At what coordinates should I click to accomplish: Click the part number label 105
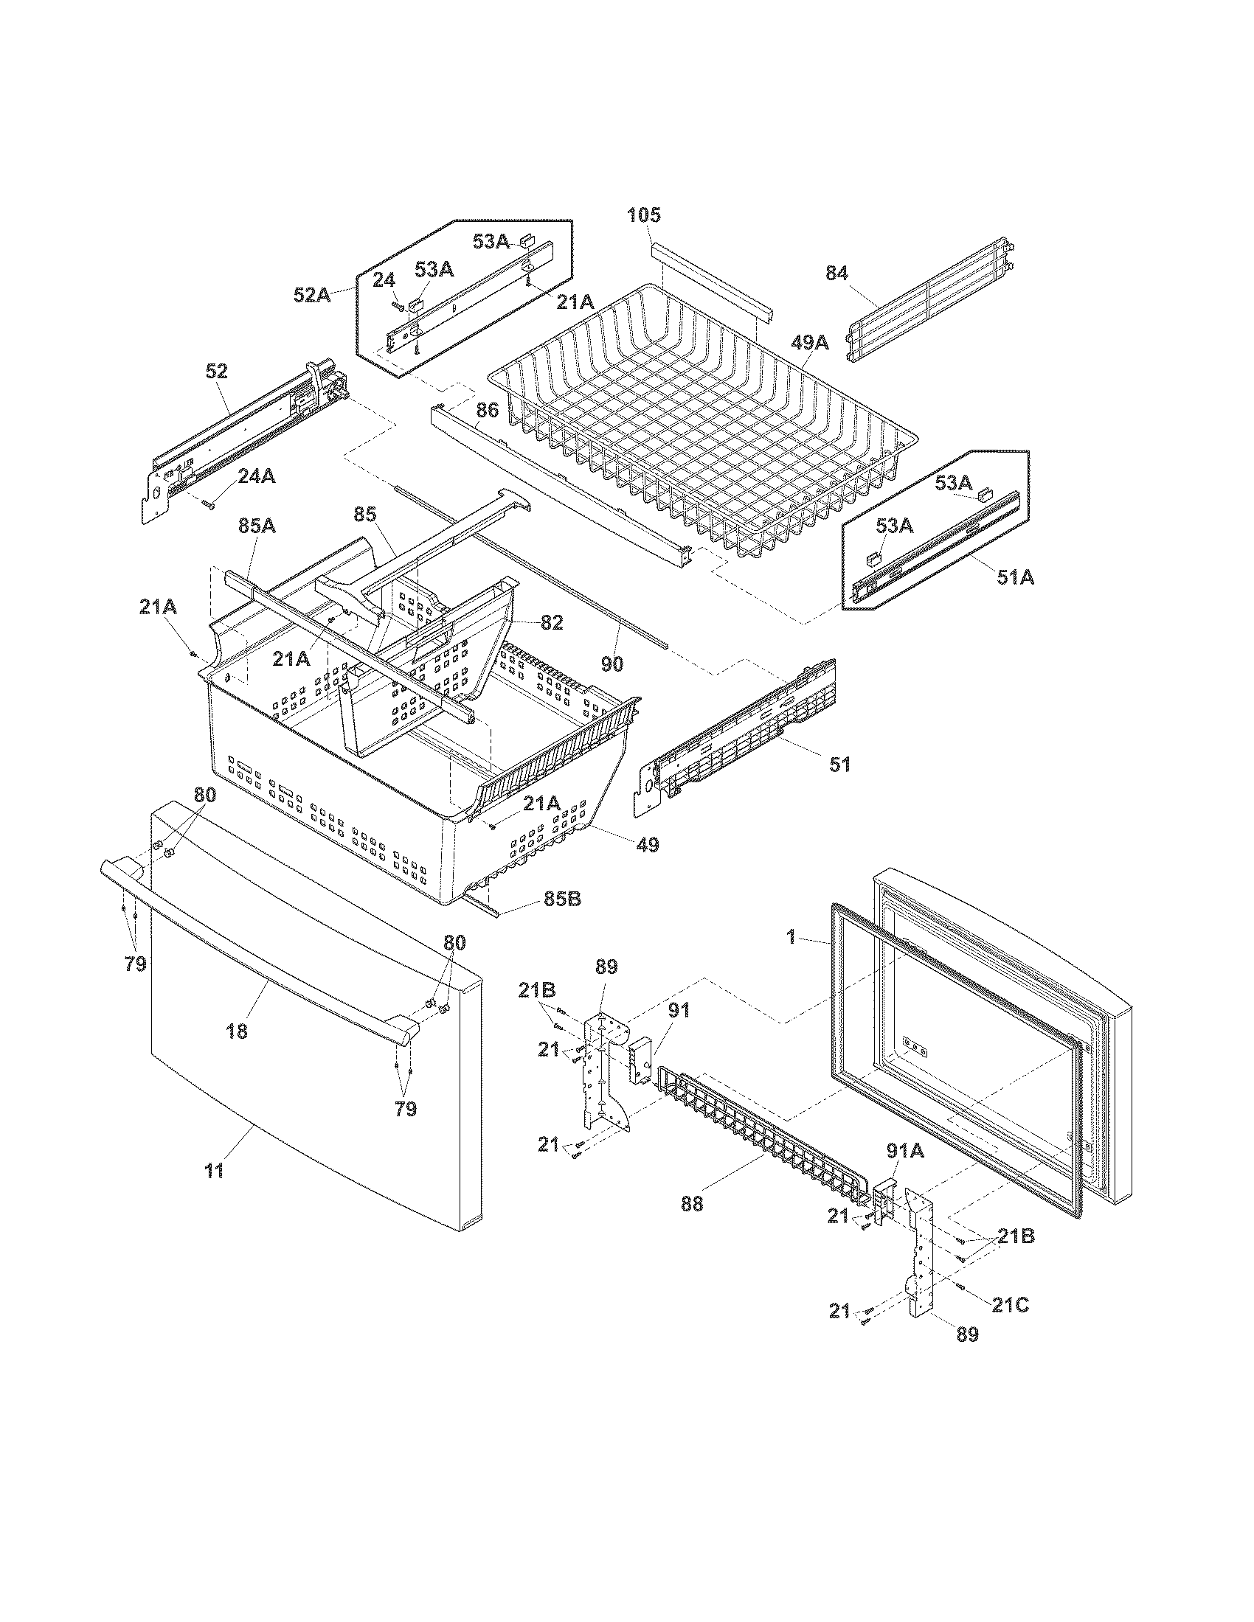tap(643, 215)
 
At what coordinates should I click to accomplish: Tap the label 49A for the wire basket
tap(809, 342)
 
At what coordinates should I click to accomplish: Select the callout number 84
tap(836, 274)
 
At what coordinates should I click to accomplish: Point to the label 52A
tap(311, 295)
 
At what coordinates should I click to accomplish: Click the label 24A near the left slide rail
tap(256, 477)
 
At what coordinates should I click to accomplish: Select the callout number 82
tap(551, 623)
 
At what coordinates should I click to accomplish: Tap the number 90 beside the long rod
tap(612, 664)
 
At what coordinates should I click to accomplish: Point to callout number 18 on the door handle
tap(237, 1031)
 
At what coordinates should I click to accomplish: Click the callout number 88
tap(692, 1203)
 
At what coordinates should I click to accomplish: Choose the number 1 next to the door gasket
tap(791, 937)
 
